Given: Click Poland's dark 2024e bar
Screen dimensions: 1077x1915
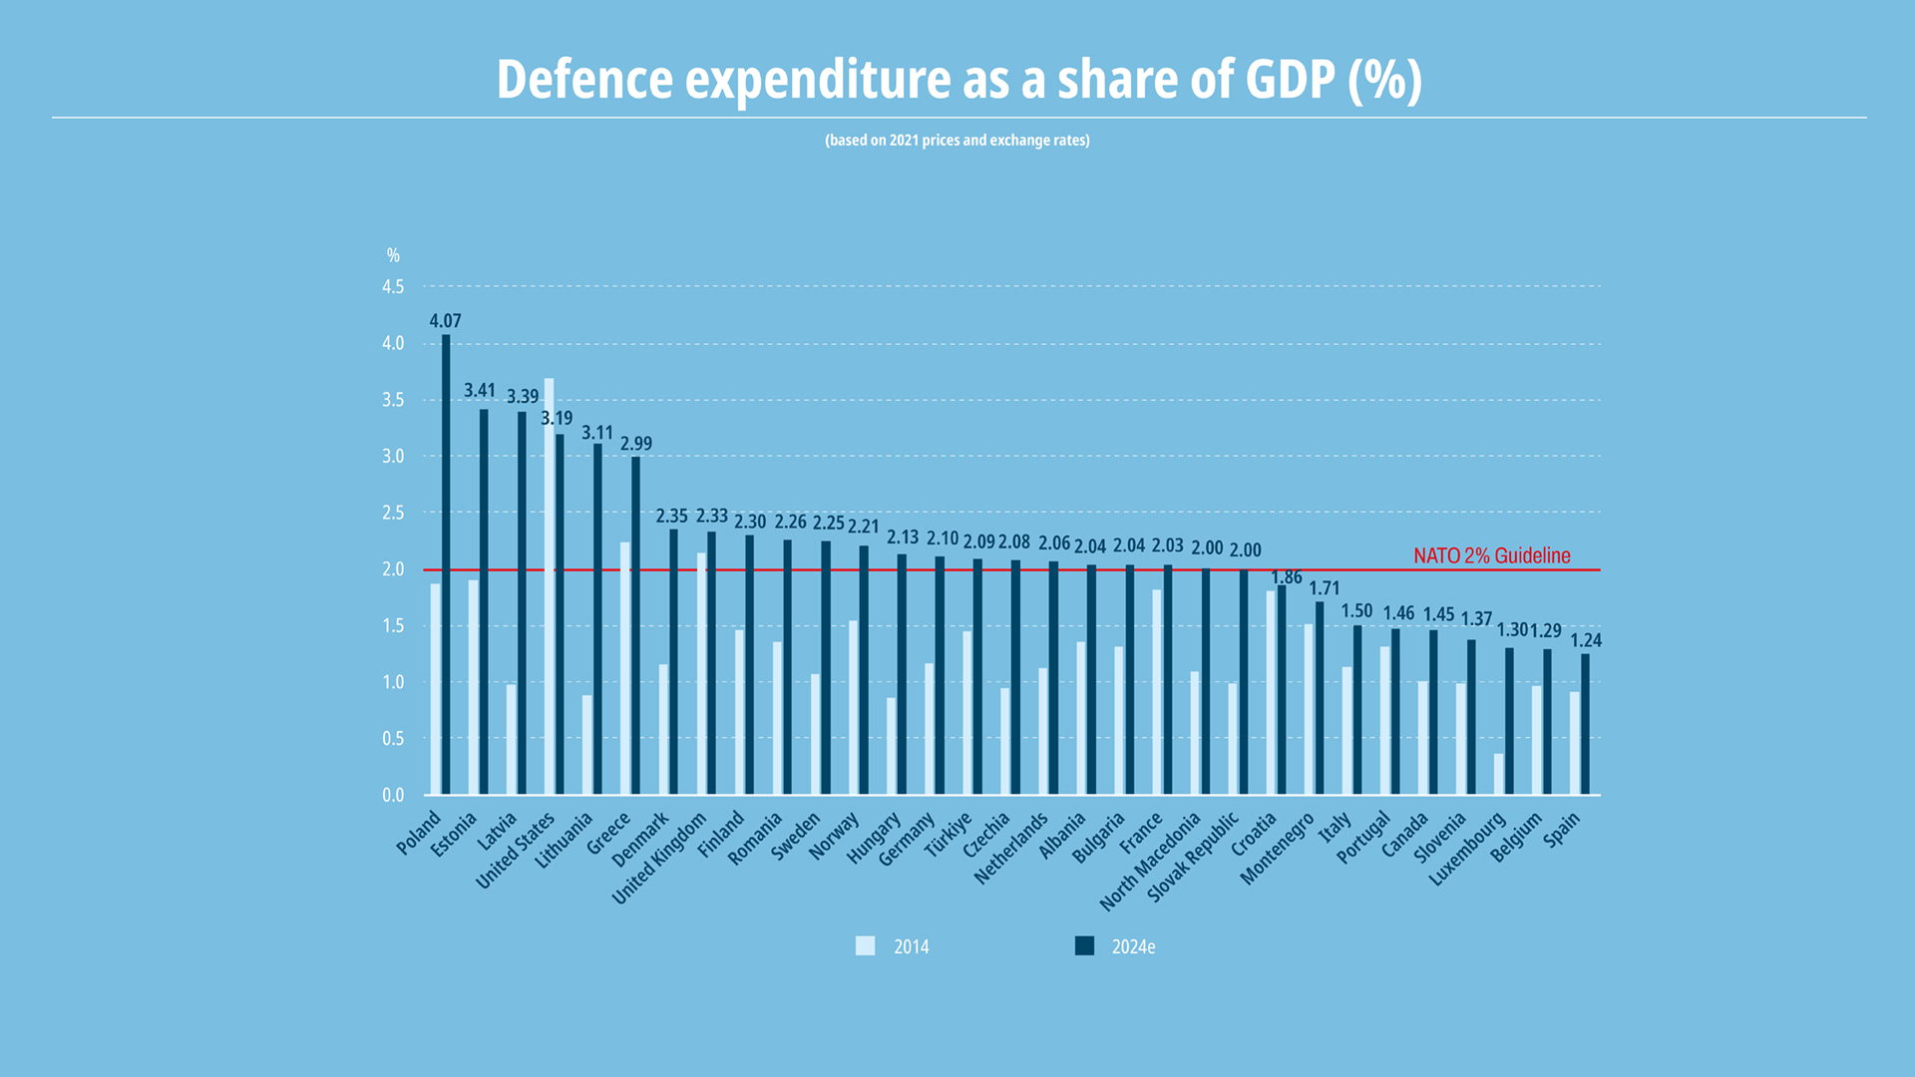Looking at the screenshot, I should click(446, 564).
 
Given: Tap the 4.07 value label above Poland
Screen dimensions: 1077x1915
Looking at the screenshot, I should click(445, 321).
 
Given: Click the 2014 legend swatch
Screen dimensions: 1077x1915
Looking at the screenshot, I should click(865, 946).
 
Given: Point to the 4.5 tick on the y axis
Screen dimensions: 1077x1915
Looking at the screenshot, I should click(393, 287).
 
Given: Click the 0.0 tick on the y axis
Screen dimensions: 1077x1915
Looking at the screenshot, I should click(393, 795).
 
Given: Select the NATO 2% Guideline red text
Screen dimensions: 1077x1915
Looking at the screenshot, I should click(1491, 555).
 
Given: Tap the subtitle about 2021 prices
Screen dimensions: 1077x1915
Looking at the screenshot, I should click(957, 141).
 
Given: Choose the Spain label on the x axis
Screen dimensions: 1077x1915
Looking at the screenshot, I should click(1562, 830).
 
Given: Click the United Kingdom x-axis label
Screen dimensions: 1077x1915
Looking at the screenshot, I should click(659, 858).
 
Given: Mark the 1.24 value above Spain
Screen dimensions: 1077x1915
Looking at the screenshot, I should click(1586, 640).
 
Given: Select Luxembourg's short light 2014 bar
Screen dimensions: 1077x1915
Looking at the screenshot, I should click(1498, 774).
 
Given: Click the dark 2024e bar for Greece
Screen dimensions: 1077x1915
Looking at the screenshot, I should click(635, 625).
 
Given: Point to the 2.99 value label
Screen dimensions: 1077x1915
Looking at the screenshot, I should click(636, 444).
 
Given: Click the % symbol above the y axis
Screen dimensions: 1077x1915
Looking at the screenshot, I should click(393, 256).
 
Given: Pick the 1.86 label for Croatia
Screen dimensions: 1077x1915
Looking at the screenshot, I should click(1287, 577).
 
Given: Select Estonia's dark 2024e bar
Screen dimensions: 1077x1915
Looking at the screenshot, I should click(484, 601).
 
